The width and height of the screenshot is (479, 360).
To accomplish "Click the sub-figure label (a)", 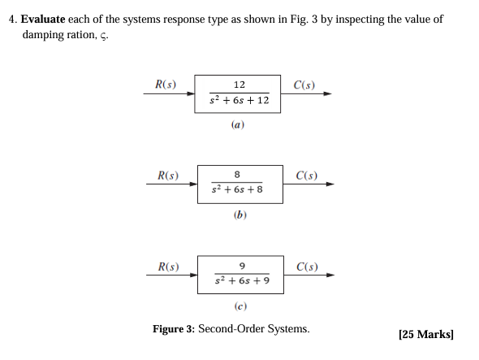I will [238, 125].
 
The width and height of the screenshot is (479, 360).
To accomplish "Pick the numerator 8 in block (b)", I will [237, 175].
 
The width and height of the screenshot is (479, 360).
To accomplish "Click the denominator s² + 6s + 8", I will [237, 190].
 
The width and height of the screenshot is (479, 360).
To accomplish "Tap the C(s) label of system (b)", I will [307, 174].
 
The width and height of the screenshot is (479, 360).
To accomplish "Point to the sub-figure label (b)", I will [239, 215].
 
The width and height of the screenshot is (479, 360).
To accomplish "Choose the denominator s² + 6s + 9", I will [241, 282].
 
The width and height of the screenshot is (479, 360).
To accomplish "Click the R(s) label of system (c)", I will [169, 266].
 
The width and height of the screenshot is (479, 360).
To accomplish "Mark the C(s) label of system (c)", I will [308, 266].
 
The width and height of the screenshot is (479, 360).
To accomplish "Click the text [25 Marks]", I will [426, 334].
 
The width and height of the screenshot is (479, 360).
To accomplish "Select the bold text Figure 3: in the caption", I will [174, 329].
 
